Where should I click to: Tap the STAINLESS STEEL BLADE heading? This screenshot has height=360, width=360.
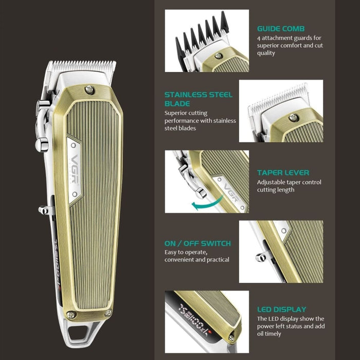coord(199,99)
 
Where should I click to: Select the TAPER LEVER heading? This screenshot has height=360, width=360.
coord(283,173)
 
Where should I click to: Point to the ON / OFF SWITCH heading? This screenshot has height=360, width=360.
coord(197,243)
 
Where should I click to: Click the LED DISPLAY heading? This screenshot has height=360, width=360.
coord(281,310)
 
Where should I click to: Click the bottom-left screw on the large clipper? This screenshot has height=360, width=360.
coord(71,314)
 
